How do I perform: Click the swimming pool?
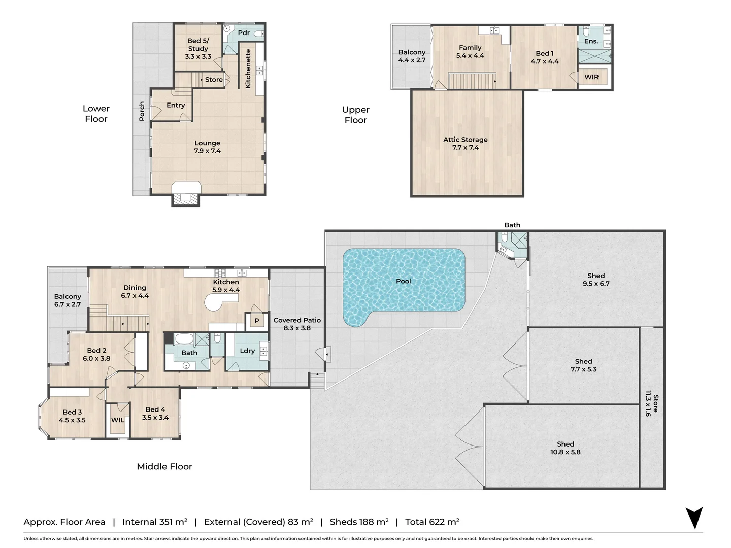tap(404, 282)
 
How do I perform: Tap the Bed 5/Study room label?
tap(198, 48)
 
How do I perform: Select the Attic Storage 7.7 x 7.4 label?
tap(466, 143)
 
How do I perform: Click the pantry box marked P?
tap(257, 321)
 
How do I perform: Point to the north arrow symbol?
tap(694, 518)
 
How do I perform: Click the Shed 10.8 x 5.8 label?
tap(566, 448)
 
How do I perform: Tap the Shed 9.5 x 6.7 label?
tap(596, 280)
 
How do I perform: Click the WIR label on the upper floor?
tap(591, 77)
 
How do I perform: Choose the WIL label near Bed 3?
tap(118, 420)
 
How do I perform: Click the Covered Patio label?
tap(297, 324)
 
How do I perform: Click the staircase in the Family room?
tap(472, 81)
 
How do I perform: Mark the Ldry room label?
tap(247, 351)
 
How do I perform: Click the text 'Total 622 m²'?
tap(432, 522)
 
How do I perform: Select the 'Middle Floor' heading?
tap(164, 466)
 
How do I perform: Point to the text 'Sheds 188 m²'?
tap(359, 522)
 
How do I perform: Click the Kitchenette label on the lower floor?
tap(248, 68)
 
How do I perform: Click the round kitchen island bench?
tap(216, 303)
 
